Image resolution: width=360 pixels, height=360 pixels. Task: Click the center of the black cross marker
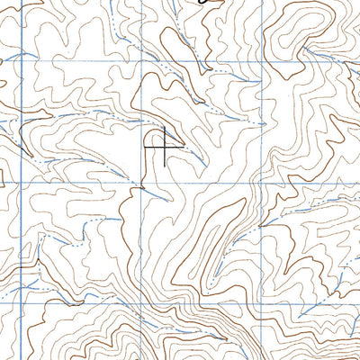164,145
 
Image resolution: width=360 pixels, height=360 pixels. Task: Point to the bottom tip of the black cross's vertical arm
164,165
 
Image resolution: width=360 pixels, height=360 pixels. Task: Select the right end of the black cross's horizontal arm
183,145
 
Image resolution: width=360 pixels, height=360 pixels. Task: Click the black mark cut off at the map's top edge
208,3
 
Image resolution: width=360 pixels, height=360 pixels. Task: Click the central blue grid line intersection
140,181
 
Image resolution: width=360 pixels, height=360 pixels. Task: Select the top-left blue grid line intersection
22,61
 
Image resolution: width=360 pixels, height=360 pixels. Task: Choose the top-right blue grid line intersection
261,61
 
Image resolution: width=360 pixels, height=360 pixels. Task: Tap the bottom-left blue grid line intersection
21,301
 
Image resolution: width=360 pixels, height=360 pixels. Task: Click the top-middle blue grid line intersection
141,61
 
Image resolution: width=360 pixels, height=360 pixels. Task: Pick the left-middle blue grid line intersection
21,181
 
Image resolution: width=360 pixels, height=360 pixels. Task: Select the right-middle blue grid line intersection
260,181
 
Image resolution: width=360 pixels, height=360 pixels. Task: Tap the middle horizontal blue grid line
81,181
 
